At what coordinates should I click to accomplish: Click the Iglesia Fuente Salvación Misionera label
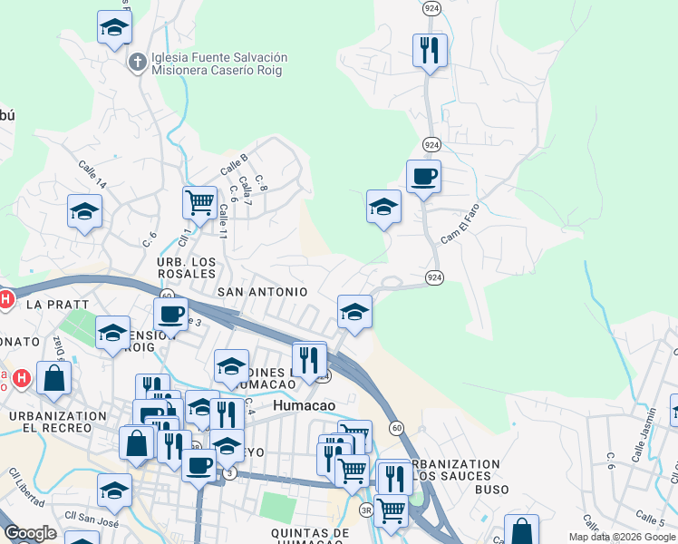pyautogui.click(x=219, y=63)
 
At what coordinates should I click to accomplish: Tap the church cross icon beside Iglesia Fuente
pyautogui.click(x=137, y=63)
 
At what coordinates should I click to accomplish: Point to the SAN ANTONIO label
pyautogui.click(x=263, y=292)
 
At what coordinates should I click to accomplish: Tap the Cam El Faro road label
pyautogui.click(x=462, y=230)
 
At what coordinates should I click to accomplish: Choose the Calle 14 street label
pyautogui.click(x=92, y=175)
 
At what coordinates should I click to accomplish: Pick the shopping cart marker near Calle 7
pyautogui.click(x=199, y=202)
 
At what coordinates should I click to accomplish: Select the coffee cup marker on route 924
pyautogui.click(x=423, y=176)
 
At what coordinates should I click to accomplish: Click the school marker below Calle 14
pyautogui.click(x=84, y=211)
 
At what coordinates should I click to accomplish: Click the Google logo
pyautogui.click(x=30, y=533)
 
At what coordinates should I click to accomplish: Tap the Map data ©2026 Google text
pyautogui.click(x=623, y=537)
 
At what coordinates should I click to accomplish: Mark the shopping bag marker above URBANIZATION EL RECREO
pyautogui.click(x=54, y=377)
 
